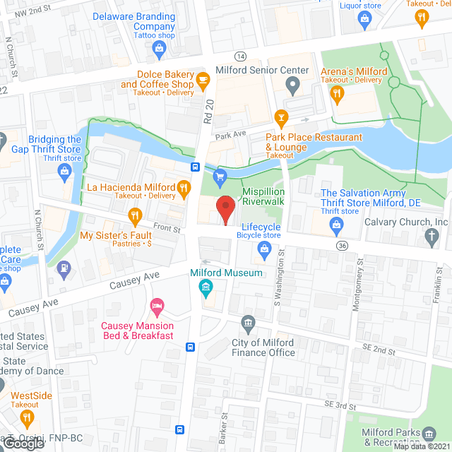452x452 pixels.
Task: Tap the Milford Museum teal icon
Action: tap(206, 286)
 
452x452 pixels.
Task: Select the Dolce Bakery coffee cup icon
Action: tap(203, 78)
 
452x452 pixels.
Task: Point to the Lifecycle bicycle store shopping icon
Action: tap(264, 247)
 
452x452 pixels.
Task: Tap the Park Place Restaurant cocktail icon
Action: tap(282, 117)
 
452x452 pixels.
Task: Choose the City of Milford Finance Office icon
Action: tap(247, 324)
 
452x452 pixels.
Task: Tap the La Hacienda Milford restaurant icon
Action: tap(183, 187)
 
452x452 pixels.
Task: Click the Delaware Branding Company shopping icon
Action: tap(159, 48)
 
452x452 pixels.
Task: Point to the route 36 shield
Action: tap(342, 245)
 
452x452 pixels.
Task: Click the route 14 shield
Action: tap(241, 56)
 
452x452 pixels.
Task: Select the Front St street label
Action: tap(167, 228)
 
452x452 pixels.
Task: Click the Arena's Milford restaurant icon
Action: tap(338, 92)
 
